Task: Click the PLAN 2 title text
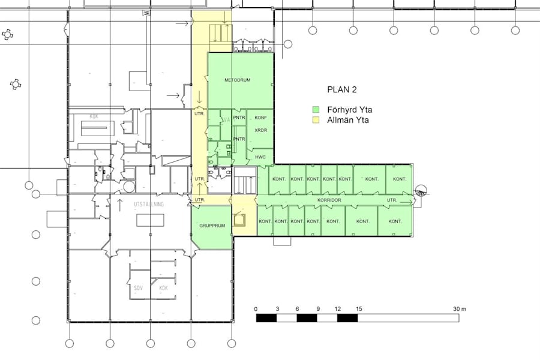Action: pos(341,90)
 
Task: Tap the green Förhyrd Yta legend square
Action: pos(316,110)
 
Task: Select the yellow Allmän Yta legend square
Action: pos(316,121)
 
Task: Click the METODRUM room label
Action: pos(237,80)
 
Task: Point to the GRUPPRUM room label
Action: pos(211,226)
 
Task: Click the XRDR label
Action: pos(260,130)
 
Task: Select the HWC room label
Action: pos(260,157)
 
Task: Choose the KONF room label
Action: pos(260,118)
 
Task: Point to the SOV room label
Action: pos(137,287)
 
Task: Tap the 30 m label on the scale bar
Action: pos(460,309)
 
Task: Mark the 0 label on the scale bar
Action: pos(256,309)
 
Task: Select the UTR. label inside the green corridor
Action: pos(392,200)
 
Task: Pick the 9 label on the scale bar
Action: pos(317,309)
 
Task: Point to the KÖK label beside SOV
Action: pos(163,287)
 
